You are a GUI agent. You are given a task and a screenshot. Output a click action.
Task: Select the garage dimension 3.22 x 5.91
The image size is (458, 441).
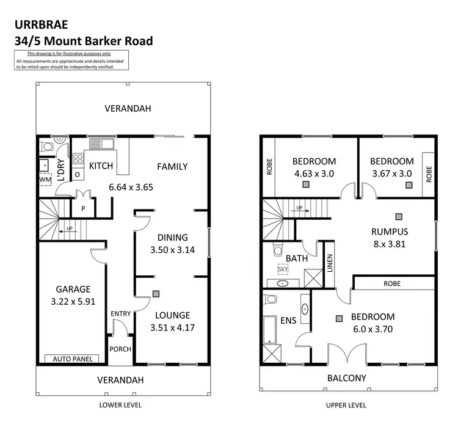coord(74,301)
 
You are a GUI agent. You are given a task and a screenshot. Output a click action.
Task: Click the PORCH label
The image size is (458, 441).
coord(120,349)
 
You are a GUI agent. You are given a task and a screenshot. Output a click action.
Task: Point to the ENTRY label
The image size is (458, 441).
coord(120,314)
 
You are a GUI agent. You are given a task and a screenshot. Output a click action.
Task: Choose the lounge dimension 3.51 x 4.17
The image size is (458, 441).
coord(172,327)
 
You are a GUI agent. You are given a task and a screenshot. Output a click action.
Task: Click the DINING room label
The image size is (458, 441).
coord(172,238)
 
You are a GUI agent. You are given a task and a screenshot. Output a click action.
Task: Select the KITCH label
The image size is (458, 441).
coord(101,166)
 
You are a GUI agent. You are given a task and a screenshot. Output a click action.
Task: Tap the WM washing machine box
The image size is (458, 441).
coord(45,180)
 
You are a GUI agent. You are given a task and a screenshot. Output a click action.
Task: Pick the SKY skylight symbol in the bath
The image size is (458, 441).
coord(283,269)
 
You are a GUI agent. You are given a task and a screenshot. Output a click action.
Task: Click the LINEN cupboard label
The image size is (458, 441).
coord(330,264)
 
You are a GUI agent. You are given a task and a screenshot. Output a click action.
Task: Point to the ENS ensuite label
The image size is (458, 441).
coord(288,319)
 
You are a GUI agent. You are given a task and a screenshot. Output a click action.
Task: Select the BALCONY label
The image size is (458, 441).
coord(347,378)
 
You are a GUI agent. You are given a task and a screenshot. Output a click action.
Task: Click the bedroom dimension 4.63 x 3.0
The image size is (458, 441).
coord(314,173)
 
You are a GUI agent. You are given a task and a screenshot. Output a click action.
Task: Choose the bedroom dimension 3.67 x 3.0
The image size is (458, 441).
coord(392,173)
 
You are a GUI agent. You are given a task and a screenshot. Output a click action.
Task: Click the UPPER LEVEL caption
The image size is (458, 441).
coord(346,405)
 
